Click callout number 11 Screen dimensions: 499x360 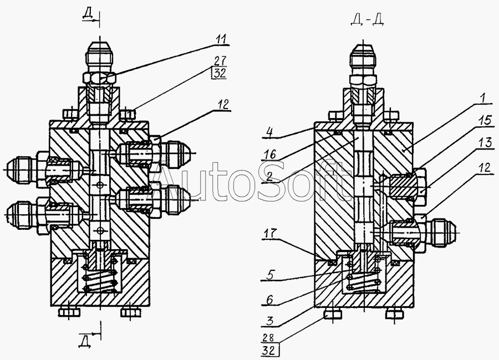pos(221,39)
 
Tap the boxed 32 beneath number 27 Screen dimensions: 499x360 pos(219,73)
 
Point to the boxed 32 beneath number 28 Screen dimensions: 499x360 pos(269,351)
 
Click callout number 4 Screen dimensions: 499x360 pos(269,132)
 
